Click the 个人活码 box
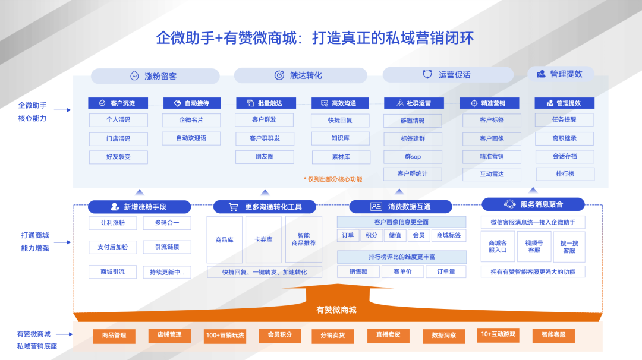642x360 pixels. click(118, 120)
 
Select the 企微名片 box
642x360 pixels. click(191, 120)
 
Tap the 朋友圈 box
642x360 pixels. click(265, 156)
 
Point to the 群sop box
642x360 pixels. click(413, 157)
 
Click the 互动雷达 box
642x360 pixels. click(492, 175)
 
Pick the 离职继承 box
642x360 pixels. click(564, 138)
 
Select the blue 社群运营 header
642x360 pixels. click(414, 103)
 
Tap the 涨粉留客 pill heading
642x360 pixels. click(155, 76)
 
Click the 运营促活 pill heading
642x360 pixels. click(448, 75)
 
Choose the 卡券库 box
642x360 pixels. click(263, 240)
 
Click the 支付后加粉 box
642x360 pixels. click(113, 247)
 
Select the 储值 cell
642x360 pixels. click(395, 235)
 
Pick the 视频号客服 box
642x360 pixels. click(534, 247)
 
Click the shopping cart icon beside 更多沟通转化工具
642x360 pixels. click(234, 207)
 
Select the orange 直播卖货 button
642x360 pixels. click(388, 335)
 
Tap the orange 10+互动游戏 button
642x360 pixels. click(498, 334)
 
